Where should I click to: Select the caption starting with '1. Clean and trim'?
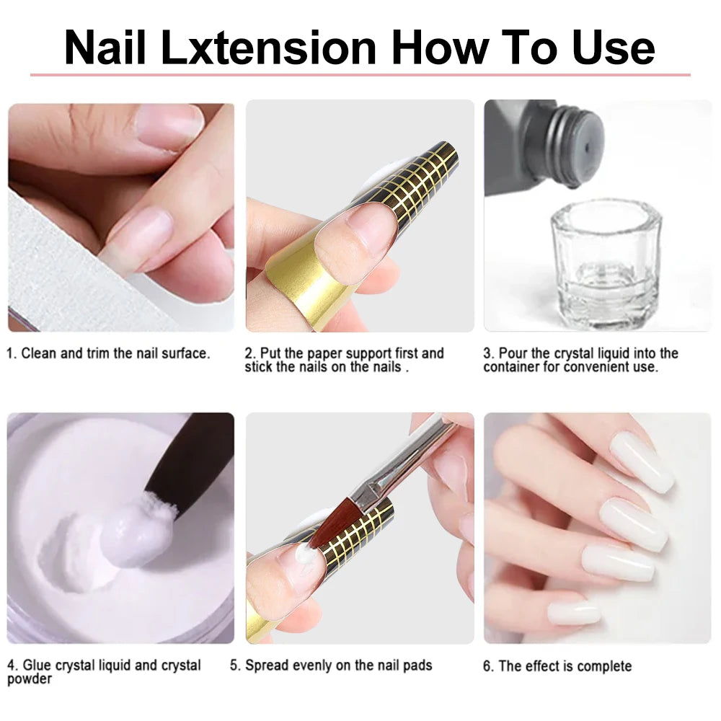108,353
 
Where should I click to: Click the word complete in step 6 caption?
602,665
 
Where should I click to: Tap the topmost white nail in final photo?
641,461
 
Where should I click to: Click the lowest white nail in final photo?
573,613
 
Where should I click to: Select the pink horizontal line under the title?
360,74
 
